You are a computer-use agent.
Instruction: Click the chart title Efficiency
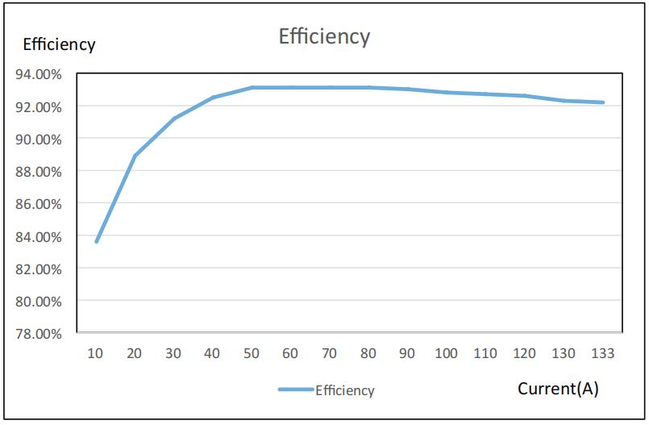click(324, 36)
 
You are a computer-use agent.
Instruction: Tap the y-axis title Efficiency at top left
click(59, 45)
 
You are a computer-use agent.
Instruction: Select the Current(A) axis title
click(558, 389)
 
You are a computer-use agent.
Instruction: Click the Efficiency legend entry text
click(344, 390)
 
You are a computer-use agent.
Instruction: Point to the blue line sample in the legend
click(296, 390)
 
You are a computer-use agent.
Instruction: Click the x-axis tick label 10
click(96, 353)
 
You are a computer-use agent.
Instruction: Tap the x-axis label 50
click(252, 353)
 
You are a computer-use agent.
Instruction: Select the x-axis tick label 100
click(446, 353)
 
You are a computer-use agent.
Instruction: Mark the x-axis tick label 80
click(368, 353)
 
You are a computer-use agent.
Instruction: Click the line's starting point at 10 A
click(97, 241)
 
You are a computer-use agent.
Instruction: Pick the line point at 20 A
click(135, 156)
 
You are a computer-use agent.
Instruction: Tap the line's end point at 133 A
click(602, 102)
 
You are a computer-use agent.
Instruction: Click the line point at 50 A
click(252, 87)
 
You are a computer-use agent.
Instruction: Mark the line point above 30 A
click(174, 119)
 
